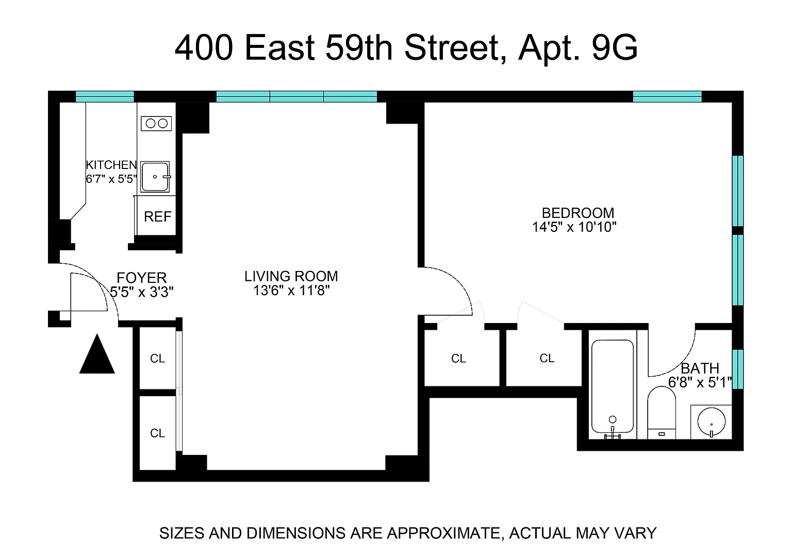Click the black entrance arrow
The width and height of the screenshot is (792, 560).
click(97, 354)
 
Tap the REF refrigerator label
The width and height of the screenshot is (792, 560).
click(157, 216)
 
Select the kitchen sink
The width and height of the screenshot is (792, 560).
click(155, 177)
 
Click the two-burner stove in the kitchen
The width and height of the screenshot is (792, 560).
click(156, 123)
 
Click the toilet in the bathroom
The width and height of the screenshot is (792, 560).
click(662, 413)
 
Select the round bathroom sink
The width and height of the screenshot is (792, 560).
click(712, 421)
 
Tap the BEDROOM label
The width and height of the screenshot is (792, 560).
click(578, 213)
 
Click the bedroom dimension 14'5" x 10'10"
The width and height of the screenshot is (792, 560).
click(574, 227)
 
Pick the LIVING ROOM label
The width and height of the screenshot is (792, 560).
click(291, 276)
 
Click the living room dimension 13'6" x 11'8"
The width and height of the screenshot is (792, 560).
click(291, 291)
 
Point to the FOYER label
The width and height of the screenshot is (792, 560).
click(142, 278)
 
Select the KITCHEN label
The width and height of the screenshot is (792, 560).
click(111, 165)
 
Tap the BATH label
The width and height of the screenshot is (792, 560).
click(700, 368)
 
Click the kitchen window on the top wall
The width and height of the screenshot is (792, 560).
click(105, 96)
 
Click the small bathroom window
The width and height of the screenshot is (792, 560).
click(737, 369)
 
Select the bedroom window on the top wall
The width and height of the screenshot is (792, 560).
click(667, 96)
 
